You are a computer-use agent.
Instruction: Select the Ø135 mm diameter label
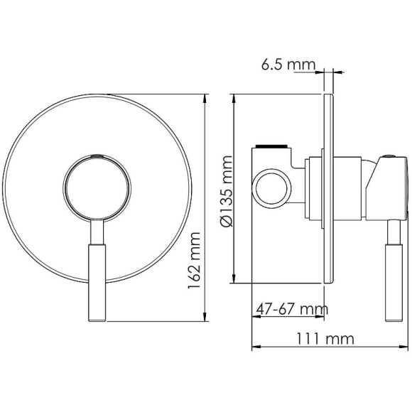(227, 190)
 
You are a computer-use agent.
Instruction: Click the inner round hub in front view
(97, 187)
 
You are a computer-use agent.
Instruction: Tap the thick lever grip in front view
(95, 281)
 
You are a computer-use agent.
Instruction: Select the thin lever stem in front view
(96, 232)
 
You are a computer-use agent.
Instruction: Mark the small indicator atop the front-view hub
(97, 154)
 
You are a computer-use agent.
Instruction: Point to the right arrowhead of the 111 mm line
(406, 348)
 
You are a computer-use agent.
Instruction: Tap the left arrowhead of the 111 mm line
(255, 348)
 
